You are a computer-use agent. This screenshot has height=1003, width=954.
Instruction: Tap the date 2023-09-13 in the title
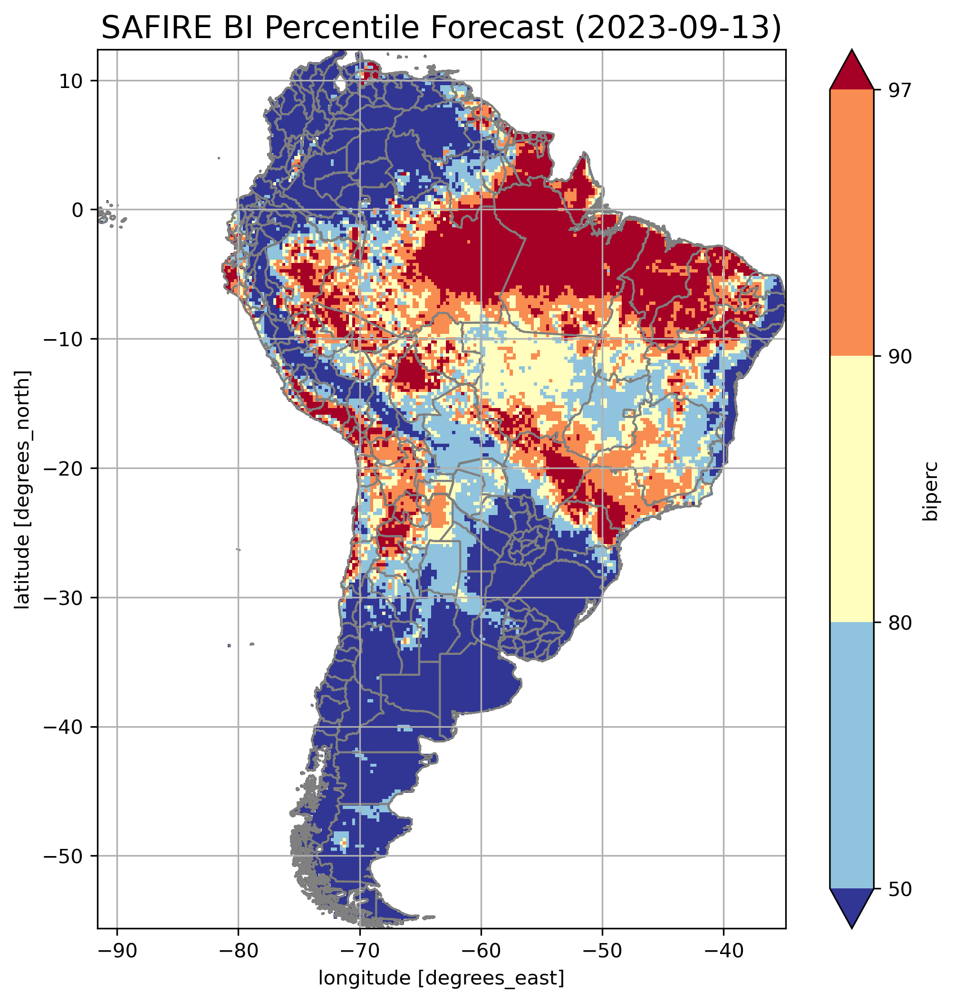pyautogui.click(x=677, y=28)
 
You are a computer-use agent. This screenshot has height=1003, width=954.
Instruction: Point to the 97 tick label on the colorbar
pyautogui.click(x=900, y=90)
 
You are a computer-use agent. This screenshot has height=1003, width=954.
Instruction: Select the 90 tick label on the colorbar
pyautogui.click(x=900, y=357)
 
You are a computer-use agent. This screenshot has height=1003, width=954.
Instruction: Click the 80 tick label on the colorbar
pyautogui.click(x=900, y=623)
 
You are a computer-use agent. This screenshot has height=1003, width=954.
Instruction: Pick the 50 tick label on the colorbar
pyautogui.click(x=900, y=889)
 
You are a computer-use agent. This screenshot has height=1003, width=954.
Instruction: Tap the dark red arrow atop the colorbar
pyautogui.click(x=851, y=71)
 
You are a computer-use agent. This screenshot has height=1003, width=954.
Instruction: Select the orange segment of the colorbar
pyautogui.click(x=851, y=223)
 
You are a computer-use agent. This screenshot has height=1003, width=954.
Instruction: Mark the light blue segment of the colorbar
pyautogui.click(x=851, y=756)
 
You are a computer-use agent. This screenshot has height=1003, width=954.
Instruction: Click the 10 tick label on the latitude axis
pyautogui.click(x=71, y=81)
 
